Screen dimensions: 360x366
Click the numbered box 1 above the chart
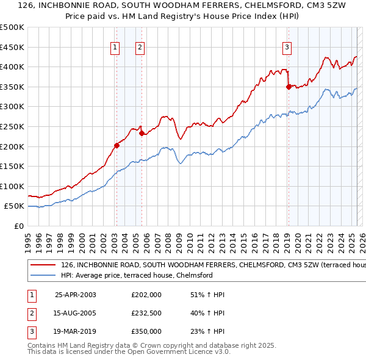pyautogui.click(x=116, y=48)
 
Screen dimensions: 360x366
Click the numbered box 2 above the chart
pyautogui.click(x=140, y=48)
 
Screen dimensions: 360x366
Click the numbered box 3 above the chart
pyautogui.click(x=287, y=48)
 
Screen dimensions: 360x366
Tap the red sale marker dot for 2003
pyautogui.click(x=116, y=145)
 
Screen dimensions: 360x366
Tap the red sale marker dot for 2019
pyautogui.click(x=288, y=87)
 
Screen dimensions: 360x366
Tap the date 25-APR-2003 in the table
pyautogui.click(x=75, y=295)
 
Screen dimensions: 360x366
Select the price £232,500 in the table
pyautogui.click(x=146, y=314)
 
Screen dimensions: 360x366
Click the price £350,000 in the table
pyautogui.click(x=146, y=332)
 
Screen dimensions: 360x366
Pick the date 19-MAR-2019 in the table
pyautogui.click(x=75, y=332)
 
